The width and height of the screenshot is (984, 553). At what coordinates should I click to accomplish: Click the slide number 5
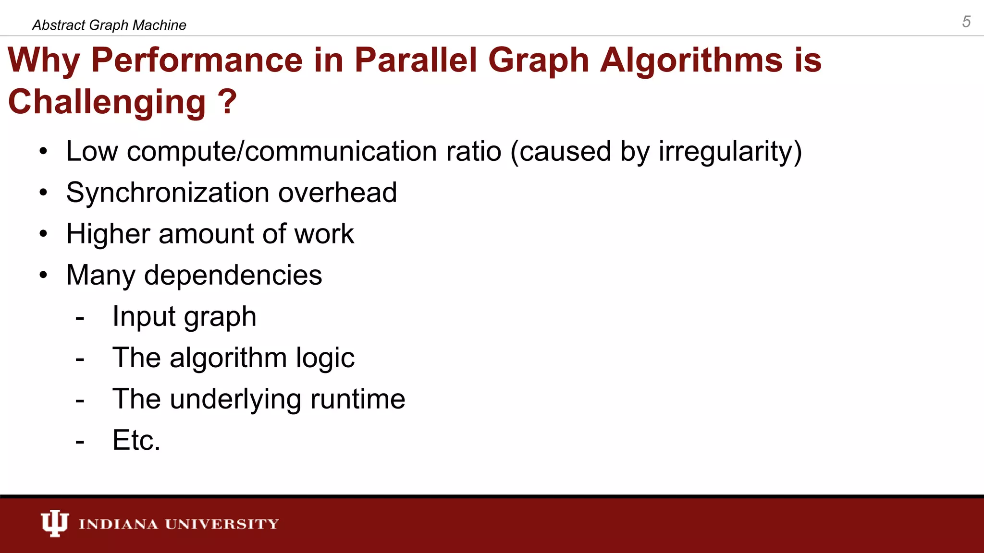click(966, 22)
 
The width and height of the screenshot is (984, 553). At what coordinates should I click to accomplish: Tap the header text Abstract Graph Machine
click(109, 25)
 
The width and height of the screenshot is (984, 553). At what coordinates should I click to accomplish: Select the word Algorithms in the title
click(691, 60)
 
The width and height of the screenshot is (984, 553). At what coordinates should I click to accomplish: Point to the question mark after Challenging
click(227, 102)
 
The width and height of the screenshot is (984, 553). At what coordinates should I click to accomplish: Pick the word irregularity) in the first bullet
click(730, 151)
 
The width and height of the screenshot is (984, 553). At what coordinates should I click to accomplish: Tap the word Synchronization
click(168, 192)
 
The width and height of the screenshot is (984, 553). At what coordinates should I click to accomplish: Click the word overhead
click(337, 192)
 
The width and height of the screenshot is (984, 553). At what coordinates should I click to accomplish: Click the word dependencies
click(233, 275)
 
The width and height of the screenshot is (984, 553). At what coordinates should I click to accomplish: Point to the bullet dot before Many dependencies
click(44, 276)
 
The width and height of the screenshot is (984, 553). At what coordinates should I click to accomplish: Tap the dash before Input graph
click(80, 318)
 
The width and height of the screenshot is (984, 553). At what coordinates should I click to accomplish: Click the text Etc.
click(136, 440)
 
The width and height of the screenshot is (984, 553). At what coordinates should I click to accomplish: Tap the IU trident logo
click(54, 523)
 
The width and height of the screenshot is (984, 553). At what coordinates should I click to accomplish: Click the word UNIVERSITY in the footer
click(222, 524)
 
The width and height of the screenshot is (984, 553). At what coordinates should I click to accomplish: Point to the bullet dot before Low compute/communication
click(44, 152)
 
